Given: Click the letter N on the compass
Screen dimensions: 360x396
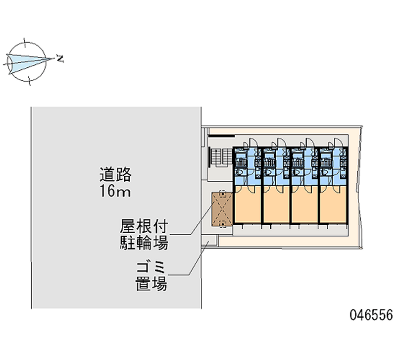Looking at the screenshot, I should coord(60,59).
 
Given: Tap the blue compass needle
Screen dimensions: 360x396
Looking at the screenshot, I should coord(30,61).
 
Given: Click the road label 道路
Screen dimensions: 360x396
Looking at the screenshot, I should coord(116,174).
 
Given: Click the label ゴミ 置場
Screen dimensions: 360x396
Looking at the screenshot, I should coord(151,277).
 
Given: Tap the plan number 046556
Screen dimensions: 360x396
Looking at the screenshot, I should coord(371,315).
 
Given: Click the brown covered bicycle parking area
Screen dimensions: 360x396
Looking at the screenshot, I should coord(222,208).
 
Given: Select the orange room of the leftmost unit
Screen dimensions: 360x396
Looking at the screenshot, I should coord(247,207).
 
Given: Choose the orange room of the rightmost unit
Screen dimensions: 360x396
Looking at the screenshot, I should coord(333,207).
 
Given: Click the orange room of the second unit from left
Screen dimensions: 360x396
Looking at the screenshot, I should coord(276,207).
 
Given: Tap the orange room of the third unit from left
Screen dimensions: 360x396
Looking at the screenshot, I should coord(304,207).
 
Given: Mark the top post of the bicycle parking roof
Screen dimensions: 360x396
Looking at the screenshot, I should coord(222,194).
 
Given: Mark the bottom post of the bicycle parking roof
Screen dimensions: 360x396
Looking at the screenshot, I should coord(223,224).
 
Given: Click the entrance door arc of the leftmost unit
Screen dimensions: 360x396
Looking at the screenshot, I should coord(252,141).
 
